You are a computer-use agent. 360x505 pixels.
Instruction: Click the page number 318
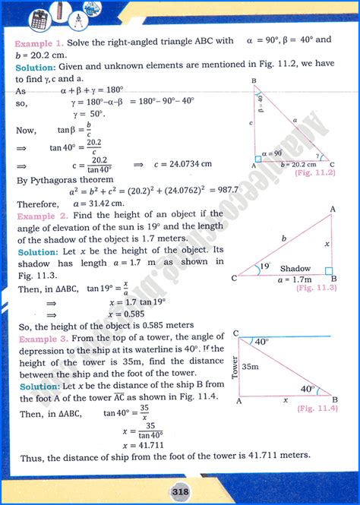coord(180,489)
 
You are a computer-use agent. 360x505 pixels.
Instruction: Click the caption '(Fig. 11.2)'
coord(314,173)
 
